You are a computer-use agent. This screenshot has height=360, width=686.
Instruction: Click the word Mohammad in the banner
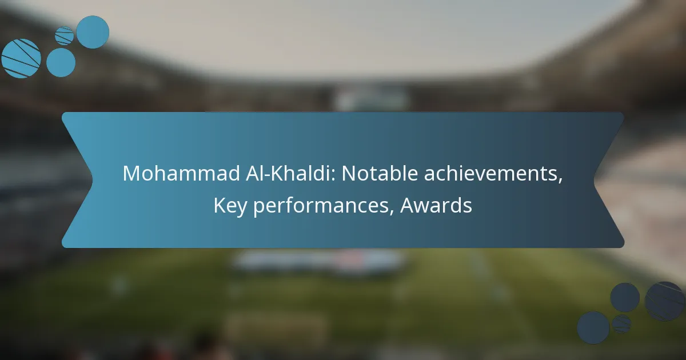181,173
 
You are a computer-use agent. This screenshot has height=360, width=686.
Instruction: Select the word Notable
380,173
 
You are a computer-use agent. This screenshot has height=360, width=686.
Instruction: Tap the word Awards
436,205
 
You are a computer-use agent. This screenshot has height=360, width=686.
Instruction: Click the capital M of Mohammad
131,174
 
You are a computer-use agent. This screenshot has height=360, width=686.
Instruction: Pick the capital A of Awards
408,205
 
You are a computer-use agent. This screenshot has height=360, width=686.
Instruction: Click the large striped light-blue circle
21,58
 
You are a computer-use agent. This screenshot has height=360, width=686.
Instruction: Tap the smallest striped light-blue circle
64,36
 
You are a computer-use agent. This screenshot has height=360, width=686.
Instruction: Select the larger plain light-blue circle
93,32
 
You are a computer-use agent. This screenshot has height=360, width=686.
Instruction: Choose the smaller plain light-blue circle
61,62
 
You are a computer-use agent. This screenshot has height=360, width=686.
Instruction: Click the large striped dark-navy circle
665,301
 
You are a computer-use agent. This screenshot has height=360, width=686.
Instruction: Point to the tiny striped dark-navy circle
622,324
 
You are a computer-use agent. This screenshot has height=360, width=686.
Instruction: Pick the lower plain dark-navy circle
593,328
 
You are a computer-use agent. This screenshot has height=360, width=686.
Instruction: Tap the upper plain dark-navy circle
625,297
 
